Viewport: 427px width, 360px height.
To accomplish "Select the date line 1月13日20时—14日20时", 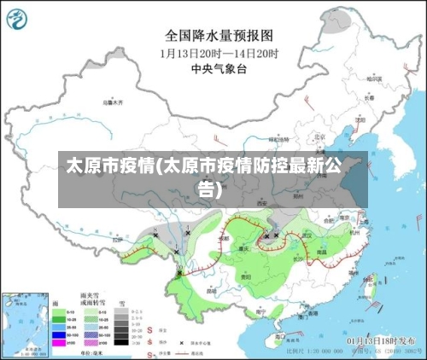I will pyautogui.click(x=219, y=52).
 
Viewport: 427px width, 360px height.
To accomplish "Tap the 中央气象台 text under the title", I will pyautogui.click(x=219, y=67).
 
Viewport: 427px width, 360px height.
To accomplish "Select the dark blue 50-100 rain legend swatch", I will pyautogui.click(x=60, y=334).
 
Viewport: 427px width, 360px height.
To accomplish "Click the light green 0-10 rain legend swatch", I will pyautogui.click(x=60, y=312).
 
